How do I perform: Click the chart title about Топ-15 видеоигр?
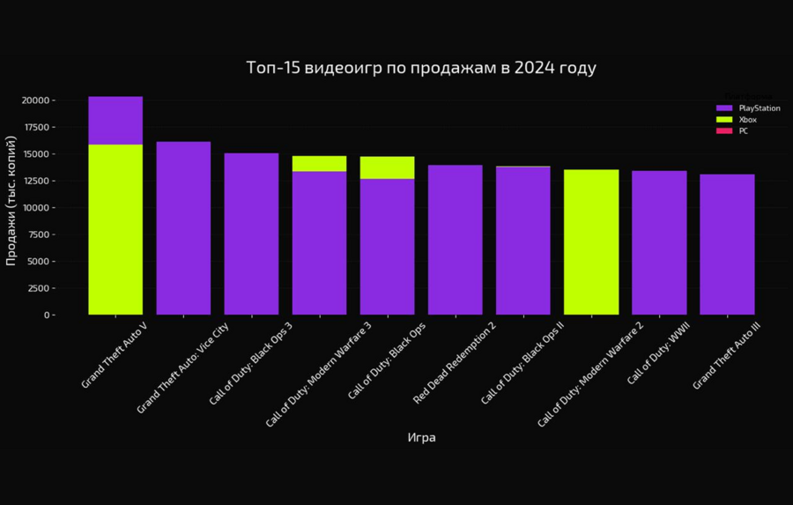coord(421,68)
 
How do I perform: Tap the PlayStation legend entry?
coord(759,108)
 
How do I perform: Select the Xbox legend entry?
coord(747,120)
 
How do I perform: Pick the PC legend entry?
coord(743,131)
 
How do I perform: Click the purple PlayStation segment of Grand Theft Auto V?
coord(115,121)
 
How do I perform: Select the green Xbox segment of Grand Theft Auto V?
coord(115,229)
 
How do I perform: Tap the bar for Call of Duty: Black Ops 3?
coord(251,234)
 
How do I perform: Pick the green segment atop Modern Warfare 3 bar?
coord(319,164)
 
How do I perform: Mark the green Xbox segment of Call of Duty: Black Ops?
coord(387,167)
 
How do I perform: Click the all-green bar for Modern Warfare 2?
coord(590,241)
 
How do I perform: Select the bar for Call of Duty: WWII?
coord(659,242)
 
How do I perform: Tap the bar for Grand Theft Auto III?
coord(727,244)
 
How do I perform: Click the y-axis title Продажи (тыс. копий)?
coord(11,200)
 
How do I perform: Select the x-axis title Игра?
coord(421,438)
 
